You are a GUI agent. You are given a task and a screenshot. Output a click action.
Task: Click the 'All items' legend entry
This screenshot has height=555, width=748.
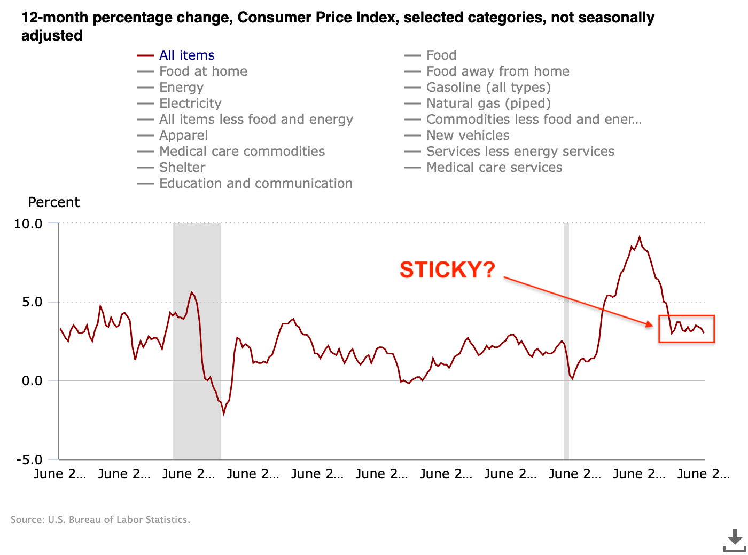coord(186,55)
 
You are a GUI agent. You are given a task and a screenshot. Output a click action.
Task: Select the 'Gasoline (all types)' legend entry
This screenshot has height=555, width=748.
coord(488,88)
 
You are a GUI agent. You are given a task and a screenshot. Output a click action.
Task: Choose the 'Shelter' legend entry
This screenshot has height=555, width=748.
coord(182,168)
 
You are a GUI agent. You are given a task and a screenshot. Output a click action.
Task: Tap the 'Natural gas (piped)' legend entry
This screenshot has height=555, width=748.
coord(488,104)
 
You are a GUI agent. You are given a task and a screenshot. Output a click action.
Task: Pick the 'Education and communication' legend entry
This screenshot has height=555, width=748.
coord(255,184)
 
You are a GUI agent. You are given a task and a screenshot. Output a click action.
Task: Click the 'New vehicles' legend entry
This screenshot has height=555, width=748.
coord(467,136)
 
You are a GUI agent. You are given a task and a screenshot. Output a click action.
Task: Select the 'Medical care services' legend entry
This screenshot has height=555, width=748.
coord(494,168)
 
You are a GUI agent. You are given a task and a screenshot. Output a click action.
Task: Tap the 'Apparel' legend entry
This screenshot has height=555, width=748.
coord(183,136)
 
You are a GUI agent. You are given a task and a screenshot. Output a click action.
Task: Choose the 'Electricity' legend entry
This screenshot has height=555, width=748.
coord(190,104)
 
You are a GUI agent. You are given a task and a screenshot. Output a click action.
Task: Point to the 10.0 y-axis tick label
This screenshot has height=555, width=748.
coord(28,224)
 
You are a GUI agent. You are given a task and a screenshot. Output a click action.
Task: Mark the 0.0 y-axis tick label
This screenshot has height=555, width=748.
coord(32,381)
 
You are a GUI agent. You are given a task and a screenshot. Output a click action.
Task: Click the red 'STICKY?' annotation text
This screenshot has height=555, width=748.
coord(447,270)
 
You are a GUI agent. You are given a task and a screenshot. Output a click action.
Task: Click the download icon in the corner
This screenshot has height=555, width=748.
coord(735,540)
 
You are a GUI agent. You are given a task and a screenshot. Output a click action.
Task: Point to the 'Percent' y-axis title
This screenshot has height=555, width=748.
coord(53,202)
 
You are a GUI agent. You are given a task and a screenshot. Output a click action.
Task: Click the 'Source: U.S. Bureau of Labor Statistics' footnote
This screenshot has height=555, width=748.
coord(100,520)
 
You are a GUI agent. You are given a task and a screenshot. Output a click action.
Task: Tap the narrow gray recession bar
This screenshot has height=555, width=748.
coord(566,342)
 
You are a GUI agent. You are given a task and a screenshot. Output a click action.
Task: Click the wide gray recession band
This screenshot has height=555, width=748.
coord(197,342)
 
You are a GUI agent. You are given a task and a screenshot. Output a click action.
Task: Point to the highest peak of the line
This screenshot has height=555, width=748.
coord(640,237)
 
